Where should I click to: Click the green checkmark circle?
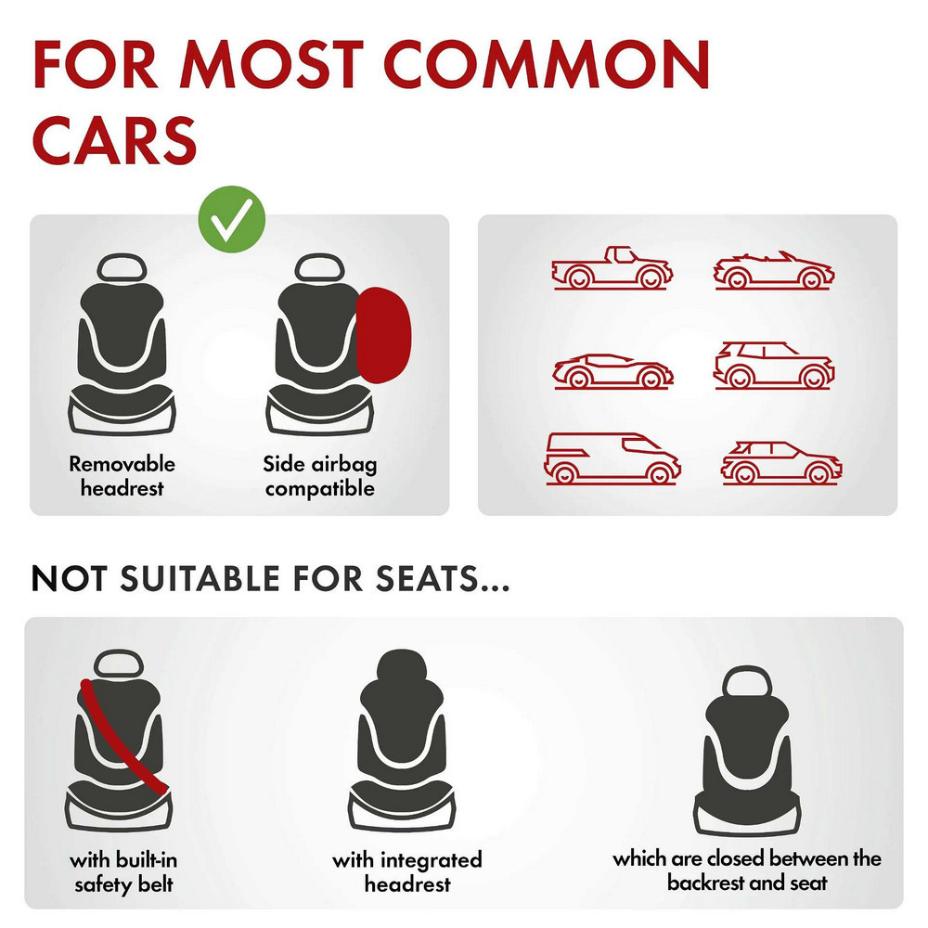pos(231,220)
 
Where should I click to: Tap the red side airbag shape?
pos(383,335)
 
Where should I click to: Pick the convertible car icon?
pos(774,270)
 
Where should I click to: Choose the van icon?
pos(612,458)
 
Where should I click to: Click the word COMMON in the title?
pos(547,65)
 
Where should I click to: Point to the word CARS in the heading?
pos(114,140)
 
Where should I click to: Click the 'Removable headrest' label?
pos(122,476)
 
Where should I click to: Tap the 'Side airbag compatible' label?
pos(319,476)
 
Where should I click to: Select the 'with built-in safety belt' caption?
pos(123,871)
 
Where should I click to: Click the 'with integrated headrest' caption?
pos(407,871)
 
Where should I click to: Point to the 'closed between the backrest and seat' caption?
pos(747,870)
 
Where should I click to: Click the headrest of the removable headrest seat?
pos(122,267)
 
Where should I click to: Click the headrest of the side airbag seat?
pos(319,267)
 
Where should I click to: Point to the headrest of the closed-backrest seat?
pos(747,681)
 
